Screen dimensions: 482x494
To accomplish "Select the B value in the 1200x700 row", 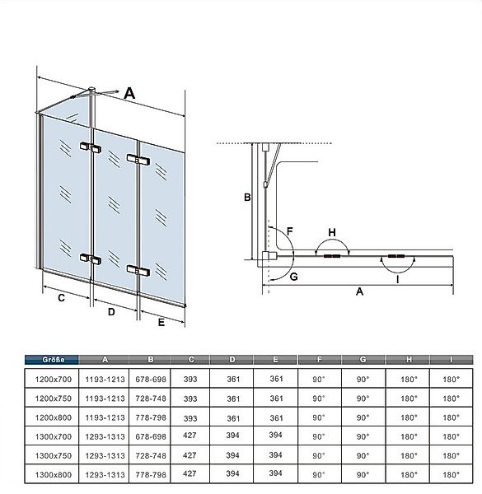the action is point(151,379).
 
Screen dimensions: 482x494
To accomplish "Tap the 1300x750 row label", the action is point(54,455).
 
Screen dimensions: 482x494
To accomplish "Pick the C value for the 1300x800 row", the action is point(190,473).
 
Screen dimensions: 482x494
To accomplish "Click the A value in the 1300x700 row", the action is point(105,436).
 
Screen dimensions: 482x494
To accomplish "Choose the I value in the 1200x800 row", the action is point(451,417).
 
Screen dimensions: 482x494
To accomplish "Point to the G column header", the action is point(363,360).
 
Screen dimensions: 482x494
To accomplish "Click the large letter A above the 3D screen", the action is point(129,93).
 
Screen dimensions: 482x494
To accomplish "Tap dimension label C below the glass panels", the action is point(62,298).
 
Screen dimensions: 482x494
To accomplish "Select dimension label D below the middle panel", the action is point(111,312).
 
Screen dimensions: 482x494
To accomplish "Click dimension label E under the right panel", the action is point(161,323).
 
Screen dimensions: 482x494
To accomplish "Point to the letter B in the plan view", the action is point(247,198).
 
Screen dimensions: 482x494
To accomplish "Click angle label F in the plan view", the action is point(290,231).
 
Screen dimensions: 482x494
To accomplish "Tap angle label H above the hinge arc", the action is point(332,232).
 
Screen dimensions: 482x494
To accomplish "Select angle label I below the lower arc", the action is point(397,279).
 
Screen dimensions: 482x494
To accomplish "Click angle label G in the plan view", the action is point(293,277).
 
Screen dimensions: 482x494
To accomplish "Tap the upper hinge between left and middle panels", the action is point(91,147).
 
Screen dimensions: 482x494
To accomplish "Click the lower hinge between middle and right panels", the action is point(138,270).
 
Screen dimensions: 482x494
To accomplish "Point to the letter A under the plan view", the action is point(359,291).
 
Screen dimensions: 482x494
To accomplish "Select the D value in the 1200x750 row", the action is point(233,398).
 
